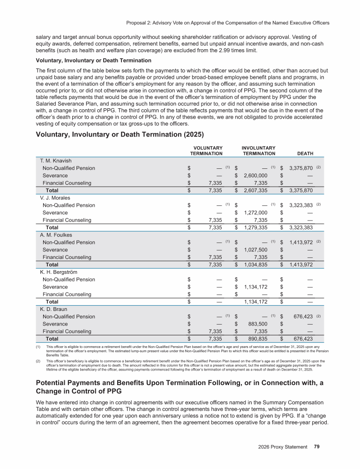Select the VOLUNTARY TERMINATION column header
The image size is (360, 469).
[x=206, y=151]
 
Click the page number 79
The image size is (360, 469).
[x=317, y=446]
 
